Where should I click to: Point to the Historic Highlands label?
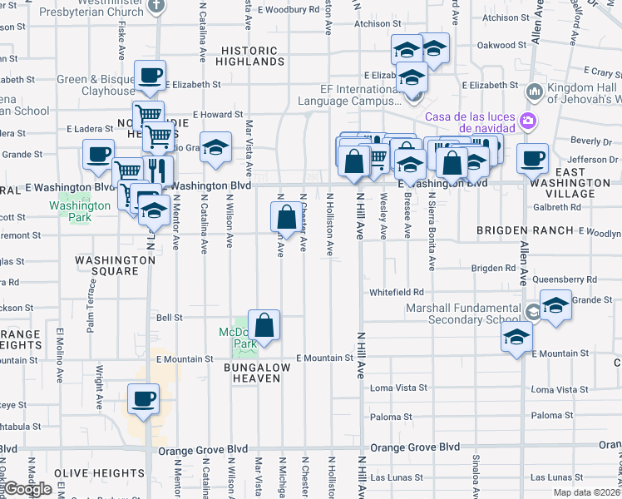(x=251, y=56)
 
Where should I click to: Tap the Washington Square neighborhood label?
(x=116, y=265)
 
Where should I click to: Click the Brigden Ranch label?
(x=525, y=230)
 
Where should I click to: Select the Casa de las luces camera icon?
(x=527, y=121)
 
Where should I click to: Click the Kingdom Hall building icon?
(x=535, y=90)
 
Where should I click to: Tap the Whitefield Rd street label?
(x=397, y=292)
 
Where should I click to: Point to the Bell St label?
(x=169, y=317)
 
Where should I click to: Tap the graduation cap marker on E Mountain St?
(x=516, y=338)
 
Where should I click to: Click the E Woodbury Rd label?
(x=288, y=11)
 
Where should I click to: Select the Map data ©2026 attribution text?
(x=585, y=492)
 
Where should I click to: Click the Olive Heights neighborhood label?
(x=89, y=472)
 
